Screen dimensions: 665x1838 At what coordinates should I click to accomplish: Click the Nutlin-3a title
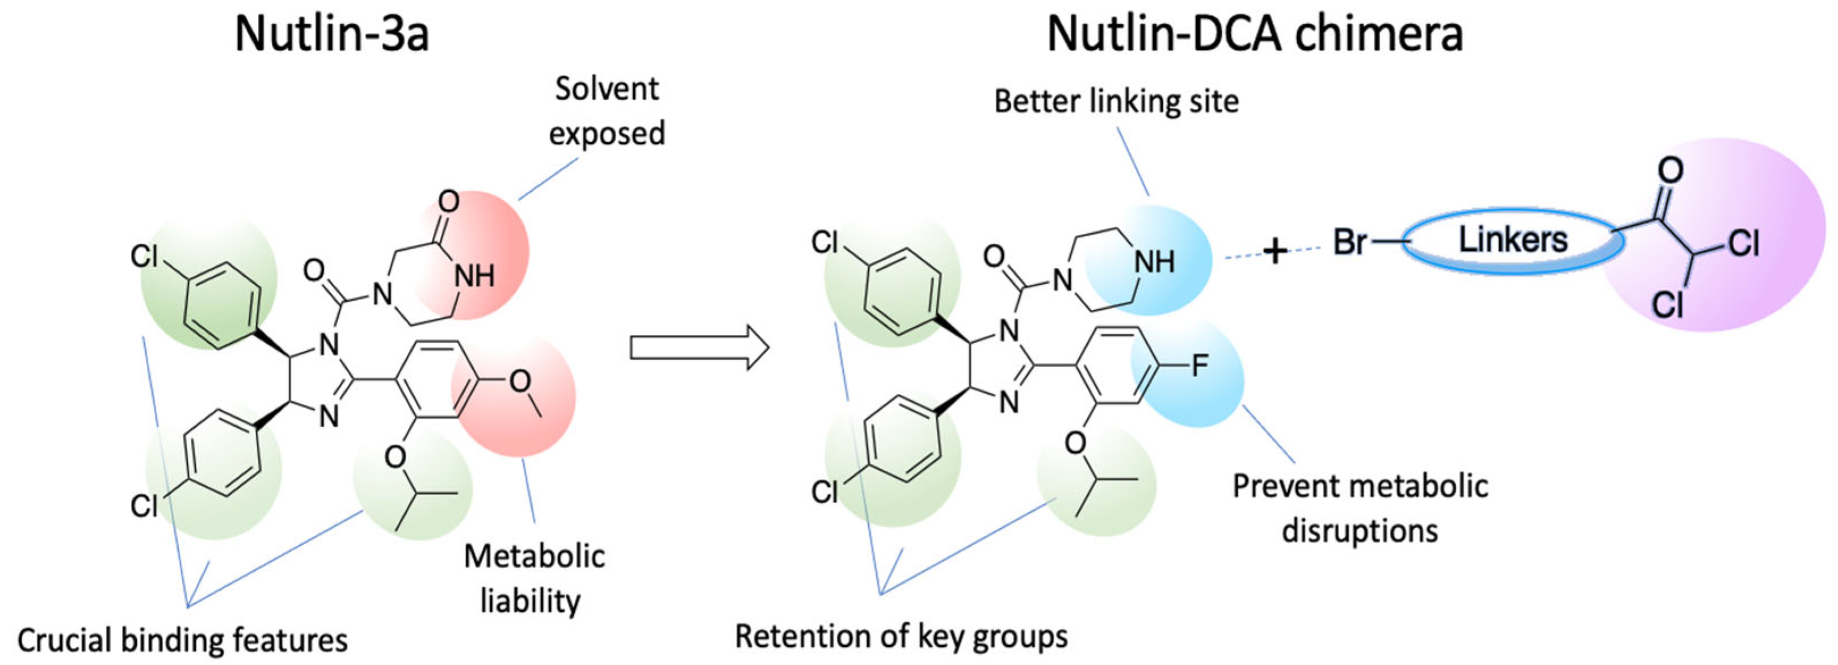(x=332, y=34)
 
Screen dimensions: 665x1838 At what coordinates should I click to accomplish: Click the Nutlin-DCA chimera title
(x=1254, y=34)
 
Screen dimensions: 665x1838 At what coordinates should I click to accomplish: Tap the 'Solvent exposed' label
(x=607, y=111)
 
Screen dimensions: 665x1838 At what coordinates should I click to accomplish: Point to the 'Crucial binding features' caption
(x=183, y=640)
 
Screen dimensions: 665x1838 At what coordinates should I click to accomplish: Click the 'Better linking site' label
(x=1116, y=102)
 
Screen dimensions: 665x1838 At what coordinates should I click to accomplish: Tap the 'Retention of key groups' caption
(x=901, y=635)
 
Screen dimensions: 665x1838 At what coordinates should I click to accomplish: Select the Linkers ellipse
(x=1513, y=241)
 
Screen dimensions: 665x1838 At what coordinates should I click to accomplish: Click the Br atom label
(x=1350, y=243)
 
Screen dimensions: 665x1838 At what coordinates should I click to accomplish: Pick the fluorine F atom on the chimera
(x=1200, y=366)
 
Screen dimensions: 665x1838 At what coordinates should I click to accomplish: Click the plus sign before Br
(x=1275, y=251)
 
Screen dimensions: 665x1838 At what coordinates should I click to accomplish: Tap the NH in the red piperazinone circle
(x=474, y=277)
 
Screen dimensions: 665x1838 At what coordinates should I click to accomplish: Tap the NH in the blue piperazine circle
(x=1154, y=263)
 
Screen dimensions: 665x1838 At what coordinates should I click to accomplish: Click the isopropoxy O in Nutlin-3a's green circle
(x=394, y=457)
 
